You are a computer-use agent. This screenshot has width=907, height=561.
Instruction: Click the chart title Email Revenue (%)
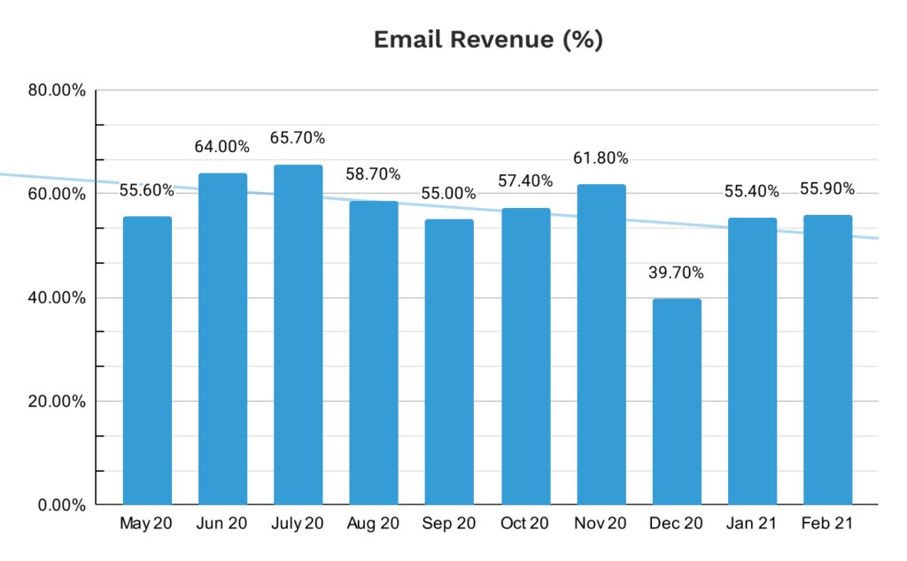tap(488, 41)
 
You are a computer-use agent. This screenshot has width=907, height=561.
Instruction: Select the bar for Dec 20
tap(677, 403)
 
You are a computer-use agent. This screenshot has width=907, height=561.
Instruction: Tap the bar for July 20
tap(298, 336)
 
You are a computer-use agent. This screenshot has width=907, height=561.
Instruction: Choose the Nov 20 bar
tap(601, 345)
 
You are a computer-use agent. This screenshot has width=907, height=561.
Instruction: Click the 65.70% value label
tap(298, 138)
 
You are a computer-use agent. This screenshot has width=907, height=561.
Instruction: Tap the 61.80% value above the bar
tap(601, 158)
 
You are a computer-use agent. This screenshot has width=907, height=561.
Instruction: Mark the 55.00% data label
tap(449, 193)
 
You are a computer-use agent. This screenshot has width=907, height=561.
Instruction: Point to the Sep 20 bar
tap(449, 363)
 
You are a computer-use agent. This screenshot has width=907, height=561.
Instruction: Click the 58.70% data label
tap(373, 174)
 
